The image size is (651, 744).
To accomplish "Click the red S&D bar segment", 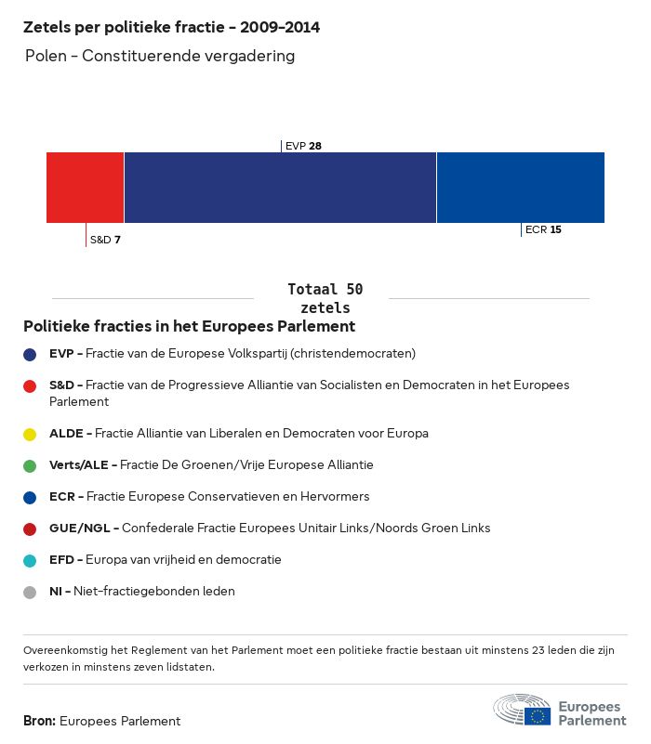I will pos(85,188).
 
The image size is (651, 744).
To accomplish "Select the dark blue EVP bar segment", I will pos(280,188).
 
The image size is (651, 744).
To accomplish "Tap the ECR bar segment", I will pos(520,188).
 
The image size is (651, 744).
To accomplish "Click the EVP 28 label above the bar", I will pos(303,146).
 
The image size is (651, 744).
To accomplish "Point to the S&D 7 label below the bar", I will pos(105,240).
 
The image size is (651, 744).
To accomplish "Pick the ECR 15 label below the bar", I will pos(543,229).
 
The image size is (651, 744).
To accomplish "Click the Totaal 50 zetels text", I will pos(325,298).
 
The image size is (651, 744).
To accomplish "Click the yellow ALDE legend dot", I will pos(31,434).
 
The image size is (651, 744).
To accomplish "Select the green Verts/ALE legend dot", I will pos(31,465).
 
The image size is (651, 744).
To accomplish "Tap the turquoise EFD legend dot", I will pos(31,560).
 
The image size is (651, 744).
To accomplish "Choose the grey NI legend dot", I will pos(31,592).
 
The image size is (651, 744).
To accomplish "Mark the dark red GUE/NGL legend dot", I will pos(31,529).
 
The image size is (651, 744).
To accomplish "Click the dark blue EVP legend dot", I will pos(31,354).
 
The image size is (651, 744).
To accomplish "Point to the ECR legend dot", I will pos(31,497).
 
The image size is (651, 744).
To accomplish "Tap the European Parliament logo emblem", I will pos(522,710).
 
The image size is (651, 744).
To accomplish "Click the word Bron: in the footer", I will pos(39,721).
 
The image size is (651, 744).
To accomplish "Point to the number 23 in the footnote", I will pos(499,651).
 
